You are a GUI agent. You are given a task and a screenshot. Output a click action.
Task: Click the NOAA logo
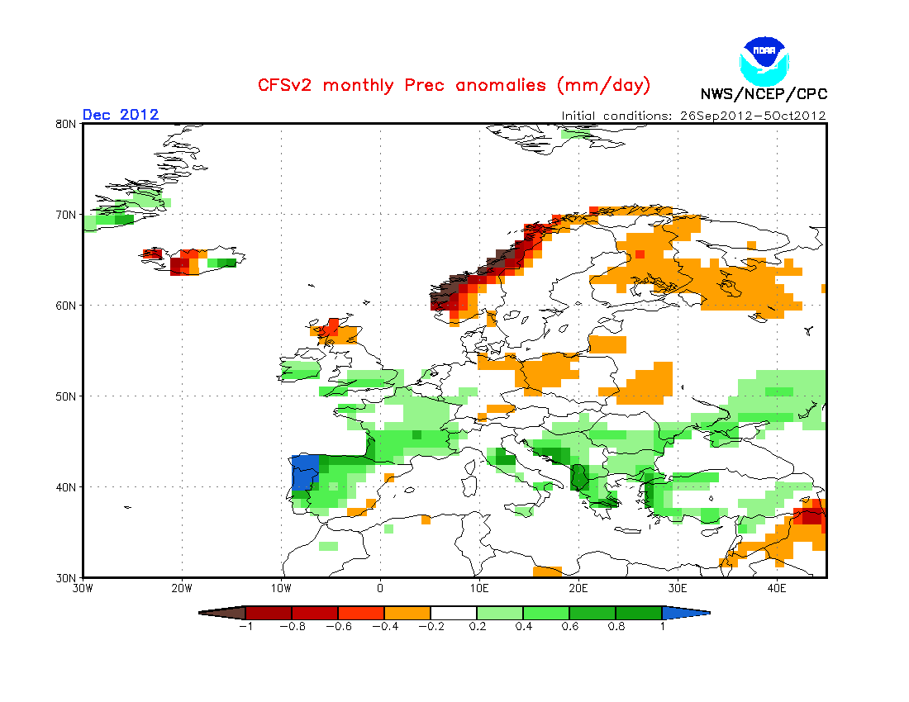point(764,59)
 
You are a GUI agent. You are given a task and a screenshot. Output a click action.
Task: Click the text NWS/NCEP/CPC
point(764,94)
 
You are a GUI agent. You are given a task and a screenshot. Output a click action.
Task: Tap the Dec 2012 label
point(121,115)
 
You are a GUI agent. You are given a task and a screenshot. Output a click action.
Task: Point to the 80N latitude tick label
point(67,124)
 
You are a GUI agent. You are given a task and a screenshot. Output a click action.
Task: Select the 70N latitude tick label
point(67,215)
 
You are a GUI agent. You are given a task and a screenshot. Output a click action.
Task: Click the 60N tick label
point(67,306)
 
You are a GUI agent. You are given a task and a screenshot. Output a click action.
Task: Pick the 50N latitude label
point(67,396)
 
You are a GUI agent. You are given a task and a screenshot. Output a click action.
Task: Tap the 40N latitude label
point(67,487)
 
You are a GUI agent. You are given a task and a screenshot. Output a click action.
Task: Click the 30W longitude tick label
point(83,589)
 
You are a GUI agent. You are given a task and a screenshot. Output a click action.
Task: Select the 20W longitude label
point(182,589)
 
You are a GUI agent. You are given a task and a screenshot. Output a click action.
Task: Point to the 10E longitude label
point(479,589)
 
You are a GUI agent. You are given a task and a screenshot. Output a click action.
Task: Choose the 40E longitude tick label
point(777,589)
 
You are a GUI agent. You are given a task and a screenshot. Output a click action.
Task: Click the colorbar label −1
point(245,626)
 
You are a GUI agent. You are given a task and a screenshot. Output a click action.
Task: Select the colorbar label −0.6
point(338,626)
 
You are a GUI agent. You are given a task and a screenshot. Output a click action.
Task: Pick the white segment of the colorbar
point(454,613)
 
